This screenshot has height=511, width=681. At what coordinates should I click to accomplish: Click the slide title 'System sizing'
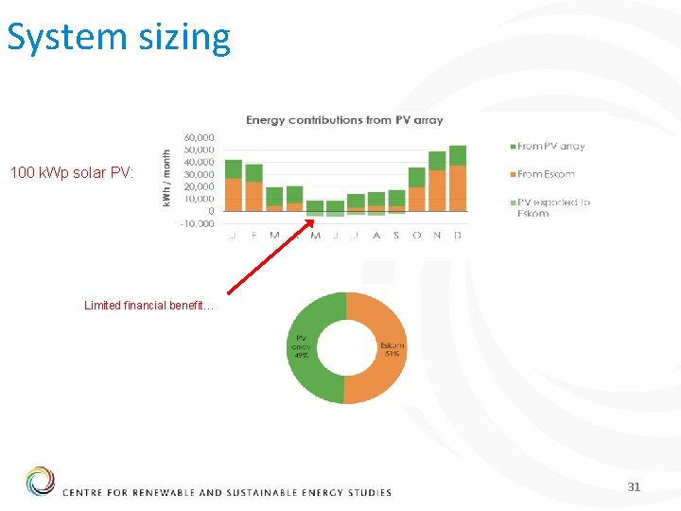click(x=119, y=37)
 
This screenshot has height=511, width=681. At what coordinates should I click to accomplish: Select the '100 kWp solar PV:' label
click(x=73, y=173)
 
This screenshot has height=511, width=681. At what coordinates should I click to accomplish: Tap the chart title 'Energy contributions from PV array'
click(x=344, y=120)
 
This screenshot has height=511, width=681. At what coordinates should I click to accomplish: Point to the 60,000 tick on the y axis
click(x=199, y=138)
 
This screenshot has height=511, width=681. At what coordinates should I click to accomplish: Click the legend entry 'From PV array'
click(x=551, y=146)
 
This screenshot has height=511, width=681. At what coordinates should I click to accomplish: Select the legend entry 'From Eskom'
click(x=546, y=174)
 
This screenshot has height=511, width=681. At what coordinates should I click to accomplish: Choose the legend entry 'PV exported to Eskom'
click(x=553, y=207)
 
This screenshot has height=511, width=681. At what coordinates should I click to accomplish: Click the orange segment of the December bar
click(x=458, y=188)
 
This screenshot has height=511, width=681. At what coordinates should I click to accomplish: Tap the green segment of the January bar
click(x=234, y=168)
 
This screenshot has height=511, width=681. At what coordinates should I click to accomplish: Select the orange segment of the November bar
click(x=437, y=190)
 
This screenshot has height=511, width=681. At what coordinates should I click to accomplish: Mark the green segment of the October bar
click(x=416, y=177)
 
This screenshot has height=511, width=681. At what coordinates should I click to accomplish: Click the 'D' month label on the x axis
click(x=458, y=236)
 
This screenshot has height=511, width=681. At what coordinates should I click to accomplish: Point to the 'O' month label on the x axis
click(x=416, y=236)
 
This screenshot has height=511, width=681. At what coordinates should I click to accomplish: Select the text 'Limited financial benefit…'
click(x=149, y=306)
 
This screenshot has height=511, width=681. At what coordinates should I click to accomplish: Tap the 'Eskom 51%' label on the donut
click(x=392, y=350)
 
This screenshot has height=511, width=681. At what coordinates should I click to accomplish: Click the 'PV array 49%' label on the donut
click(x=301, y=345)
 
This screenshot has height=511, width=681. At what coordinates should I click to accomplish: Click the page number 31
click(x=634, y=486)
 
